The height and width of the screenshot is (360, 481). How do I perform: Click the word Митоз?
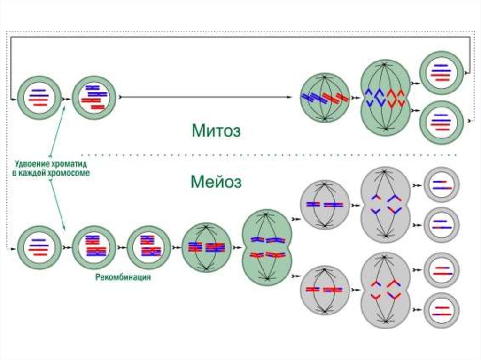coord(216,130)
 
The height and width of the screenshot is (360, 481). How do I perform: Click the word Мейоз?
coord(216,182)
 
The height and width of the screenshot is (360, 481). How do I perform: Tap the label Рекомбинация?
coord(123,277)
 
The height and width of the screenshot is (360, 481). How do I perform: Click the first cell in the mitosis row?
coord(39,98)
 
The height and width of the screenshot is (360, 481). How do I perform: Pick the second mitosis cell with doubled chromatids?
coord(94,98)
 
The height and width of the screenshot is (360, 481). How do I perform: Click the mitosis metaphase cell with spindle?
coord(325,98)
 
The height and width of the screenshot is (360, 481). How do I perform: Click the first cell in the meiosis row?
coord(39,247)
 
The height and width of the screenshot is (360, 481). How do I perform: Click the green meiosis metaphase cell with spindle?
coord(206,247)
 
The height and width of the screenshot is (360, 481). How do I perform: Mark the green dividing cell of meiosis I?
coord(267,247)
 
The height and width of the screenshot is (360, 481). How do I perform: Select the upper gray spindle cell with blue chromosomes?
coord(325,205)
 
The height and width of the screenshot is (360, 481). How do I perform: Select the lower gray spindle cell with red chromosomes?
coord(325,290)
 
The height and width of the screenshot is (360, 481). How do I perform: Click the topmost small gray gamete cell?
coord(442,184)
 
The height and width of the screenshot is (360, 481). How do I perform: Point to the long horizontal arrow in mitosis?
coord(207,97)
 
